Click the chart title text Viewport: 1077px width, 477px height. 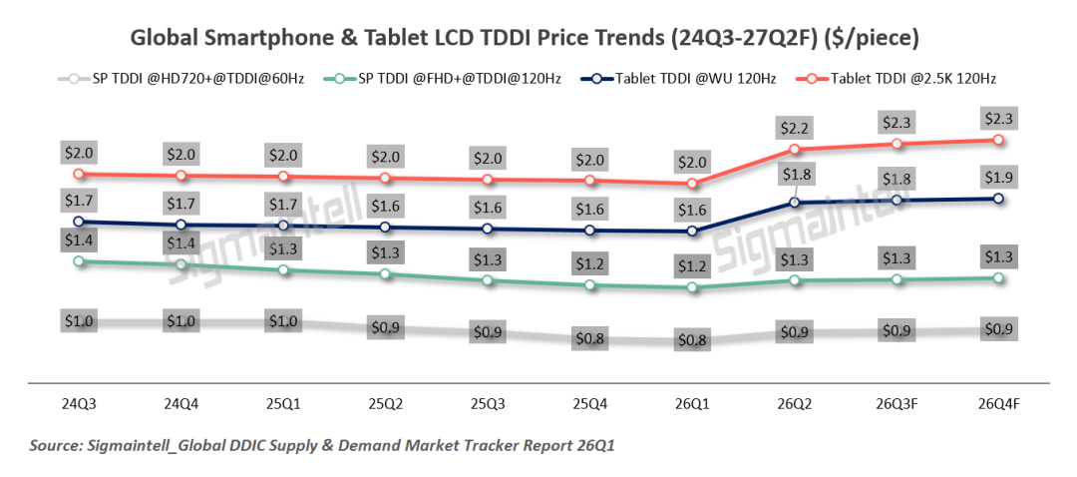click(525, 39)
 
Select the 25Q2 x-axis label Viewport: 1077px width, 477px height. click(384, 405)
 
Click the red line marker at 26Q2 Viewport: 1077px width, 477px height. click(795, 150)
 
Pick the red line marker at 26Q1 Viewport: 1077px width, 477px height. click(692, 184)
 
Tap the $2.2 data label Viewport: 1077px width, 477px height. click(795, 127)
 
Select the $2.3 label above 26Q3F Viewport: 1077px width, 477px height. click(897, 122)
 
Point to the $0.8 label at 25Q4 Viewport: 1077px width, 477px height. click(589, 339)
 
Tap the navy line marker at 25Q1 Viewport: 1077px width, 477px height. click(282, 226)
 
